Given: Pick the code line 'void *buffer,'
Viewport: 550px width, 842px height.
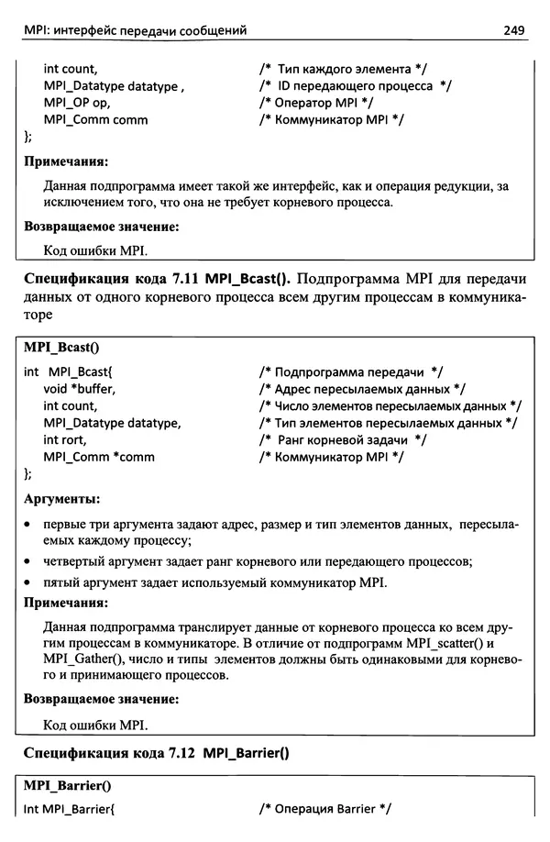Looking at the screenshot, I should click(80, 389).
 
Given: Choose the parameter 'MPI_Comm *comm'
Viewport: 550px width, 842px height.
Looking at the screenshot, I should click(99, 457).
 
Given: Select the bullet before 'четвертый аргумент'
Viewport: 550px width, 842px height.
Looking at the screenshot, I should click(29, 561).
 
